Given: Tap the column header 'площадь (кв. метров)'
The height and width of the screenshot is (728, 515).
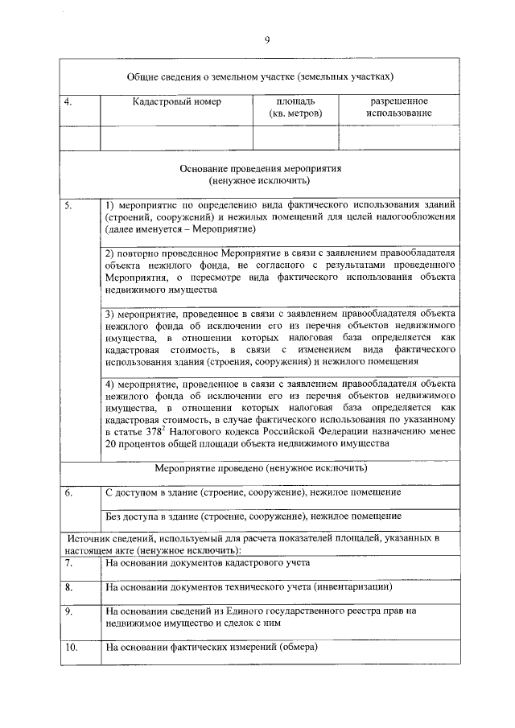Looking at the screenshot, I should (x=295, y=108).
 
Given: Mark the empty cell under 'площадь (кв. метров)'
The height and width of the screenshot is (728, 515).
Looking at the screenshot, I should (x=295, y=138).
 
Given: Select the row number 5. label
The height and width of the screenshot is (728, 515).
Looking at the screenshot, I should (x=68, y=205).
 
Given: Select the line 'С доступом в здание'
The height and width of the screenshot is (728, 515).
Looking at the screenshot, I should (x=253, y=492).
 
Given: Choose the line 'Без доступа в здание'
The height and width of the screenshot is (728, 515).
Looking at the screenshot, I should (x=253, y=516).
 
